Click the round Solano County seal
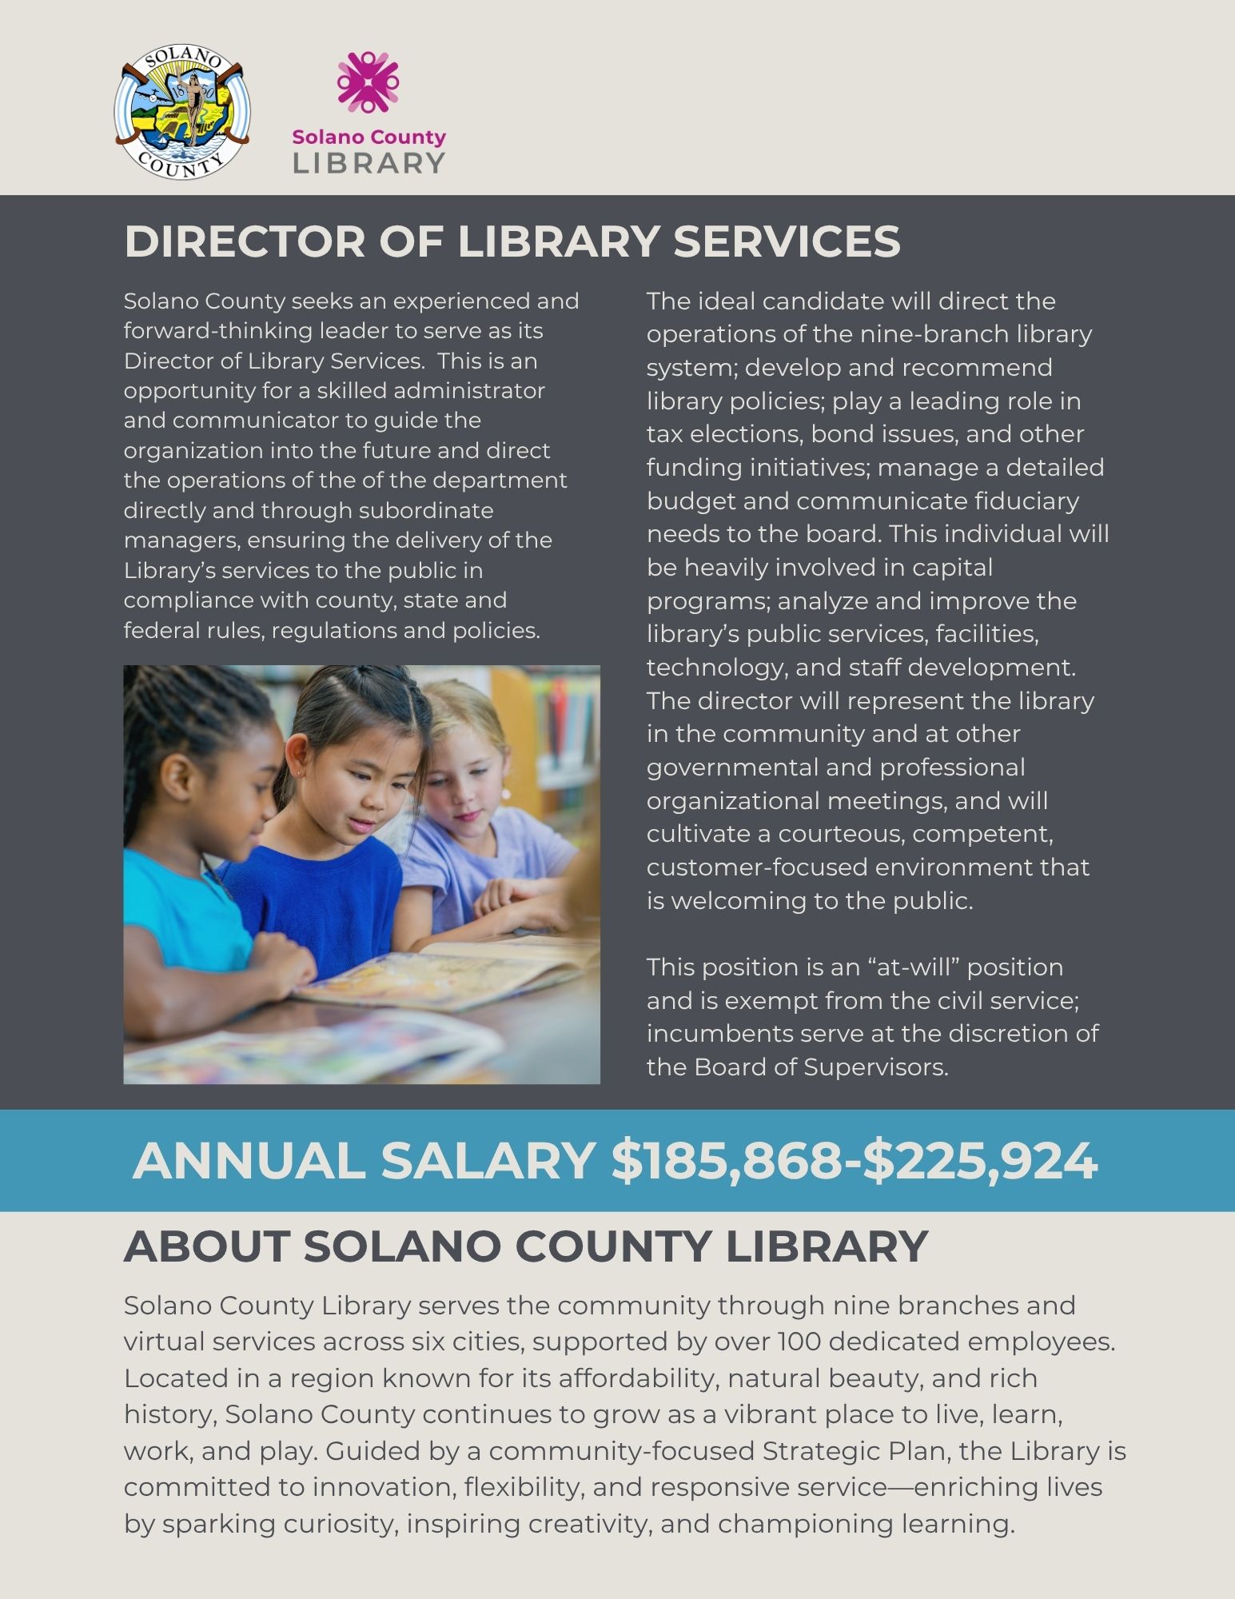(x=182, y=112)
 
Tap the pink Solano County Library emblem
(x=368, y=82)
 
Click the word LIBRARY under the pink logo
(x=369, y=163)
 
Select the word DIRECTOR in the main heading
(x=244, y=241)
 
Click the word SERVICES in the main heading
(x=787, y=241)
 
